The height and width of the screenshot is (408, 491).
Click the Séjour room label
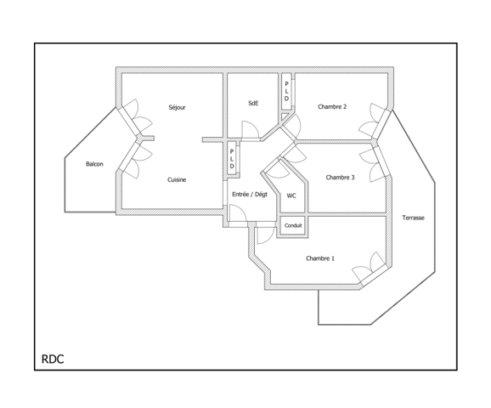[177, 107]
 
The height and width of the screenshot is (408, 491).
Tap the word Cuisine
[177, 179]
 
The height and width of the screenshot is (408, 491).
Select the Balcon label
[94, 164]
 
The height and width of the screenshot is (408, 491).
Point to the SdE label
[253, 103]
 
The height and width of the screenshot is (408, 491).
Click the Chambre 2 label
[332, 107]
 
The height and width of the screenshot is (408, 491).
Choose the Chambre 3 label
[340, 178]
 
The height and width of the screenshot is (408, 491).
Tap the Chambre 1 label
[320, 258]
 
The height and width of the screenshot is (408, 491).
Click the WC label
[291, 195]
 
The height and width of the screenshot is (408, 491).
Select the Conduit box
[293, 225]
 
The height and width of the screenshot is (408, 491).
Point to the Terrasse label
[413, 218]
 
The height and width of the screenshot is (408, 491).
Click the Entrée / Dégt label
[250, 195]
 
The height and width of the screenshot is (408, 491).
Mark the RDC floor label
[53, 359]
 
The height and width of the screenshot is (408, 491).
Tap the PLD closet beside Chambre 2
[286, 91]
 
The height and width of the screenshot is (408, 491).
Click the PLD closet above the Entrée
[232, 159]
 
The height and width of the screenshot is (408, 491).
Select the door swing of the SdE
[250, 129]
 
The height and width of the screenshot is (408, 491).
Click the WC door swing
[279, 169]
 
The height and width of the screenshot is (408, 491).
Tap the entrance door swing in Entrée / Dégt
[237, 212]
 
